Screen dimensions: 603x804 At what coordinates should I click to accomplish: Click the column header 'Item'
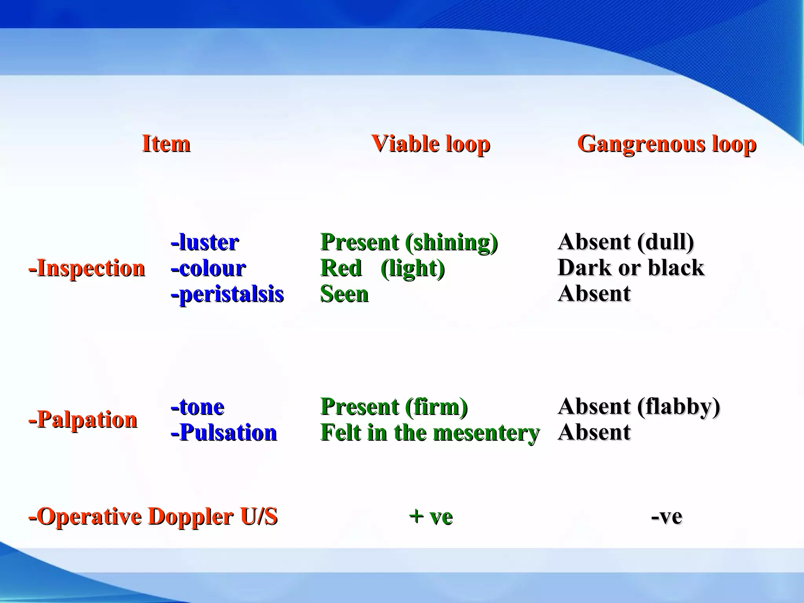pyautogui.click(x=166, y=144)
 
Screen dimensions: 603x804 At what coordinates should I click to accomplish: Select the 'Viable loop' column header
pyautogui.click(x=430, y=144)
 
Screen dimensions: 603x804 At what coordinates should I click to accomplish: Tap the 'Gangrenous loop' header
pyautogui.click(x=666, y=144)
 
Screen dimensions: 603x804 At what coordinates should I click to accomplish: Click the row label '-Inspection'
pyautogui.click(x=87, y=269)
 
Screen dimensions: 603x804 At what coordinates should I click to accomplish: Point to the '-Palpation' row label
pyautogui.click(x=83, y=420)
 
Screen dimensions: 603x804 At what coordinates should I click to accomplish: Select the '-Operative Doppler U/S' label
pyautogui.click(x=153, y=516)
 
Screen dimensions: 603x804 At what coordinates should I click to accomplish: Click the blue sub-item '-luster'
pyautogui.click(x=205, y=242)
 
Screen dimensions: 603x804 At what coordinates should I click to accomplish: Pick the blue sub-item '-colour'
pyautogui.click(x=208, y=269)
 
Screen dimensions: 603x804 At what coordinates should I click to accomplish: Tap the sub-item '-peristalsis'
pyautogui.click(x=227, y=294)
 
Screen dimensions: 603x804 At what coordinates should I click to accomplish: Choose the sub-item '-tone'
pyautogui.click(x=197, y=407)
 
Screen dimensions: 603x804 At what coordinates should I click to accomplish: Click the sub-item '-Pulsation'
pyautogui.click(x=224, y=433)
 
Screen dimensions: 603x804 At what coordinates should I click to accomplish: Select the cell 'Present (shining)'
pyautogui.click(x=409, y=242)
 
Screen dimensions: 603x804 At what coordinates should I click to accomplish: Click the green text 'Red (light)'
pyautogui.click(x=382, y=269)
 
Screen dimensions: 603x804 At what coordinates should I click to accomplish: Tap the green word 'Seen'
pyautogui.click(x=344, y=294)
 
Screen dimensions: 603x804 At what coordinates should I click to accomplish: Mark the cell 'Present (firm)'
pyautogui.click(x=394, y=407)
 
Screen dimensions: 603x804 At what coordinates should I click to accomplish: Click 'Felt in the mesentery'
pyautogui.click(x=430, y=433)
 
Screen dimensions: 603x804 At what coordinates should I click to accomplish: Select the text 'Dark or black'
pyautogui.click(x=630, y=268)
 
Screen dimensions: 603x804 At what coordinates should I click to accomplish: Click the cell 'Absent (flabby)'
pyautogui.click(x=638, y=406)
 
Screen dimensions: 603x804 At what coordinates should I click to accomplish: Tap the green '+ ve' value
pyautogui.click(x=430, y=516)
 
